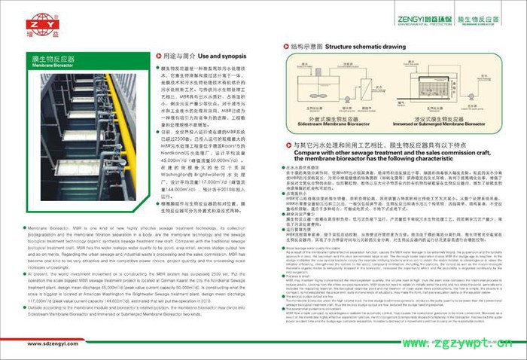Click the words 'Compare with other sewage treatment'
[x=343, y=151]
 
